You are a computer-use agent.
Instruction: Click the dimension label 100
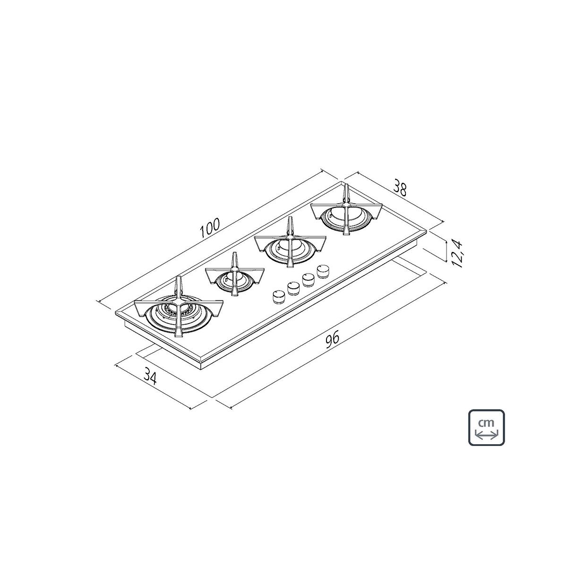[x=210, y=227]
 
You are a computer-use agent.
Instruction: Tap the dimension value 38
[x=400, y=188]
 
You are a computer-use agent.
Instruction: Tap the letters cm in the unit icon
[x=486, y=423]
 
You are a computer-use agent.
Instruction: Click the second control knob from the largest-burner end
[x=292, y=288]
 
